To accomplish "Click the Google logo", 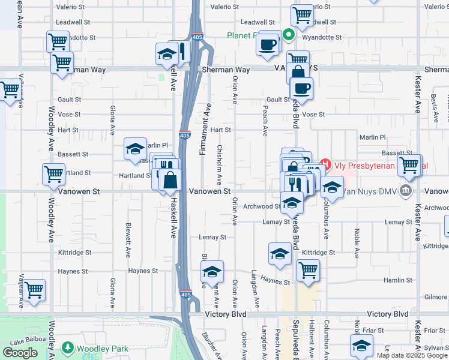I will (20, 353).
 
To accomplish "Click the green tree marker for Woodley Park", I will (68, 348).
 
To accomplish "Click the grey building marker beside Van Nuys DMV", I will (406, 191).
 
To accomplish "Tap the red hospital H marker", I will (325, 163).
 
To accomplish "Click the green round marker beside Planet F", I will (288, 35).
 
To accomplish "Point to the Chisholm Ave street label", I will (220, 164).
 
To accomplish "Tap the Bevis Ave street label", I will (433, 107).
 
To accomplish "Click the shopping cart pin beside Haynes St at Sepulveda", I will (308, 270).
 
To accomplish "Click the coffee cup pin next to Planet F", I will (268, 44).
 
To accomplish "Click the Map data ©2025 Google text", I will (411, 355).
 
